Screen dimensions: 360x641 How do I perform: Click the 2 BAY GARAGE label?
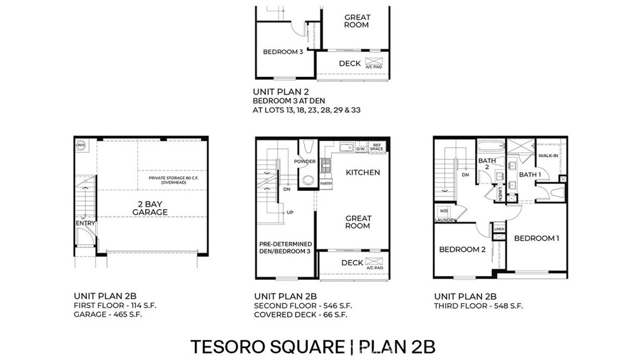click(x=150, y=208)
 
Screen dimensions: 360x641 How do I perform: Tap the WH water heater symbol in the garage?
click(x=81, y=145)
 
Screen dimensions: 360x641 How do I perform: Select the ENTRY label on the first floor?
click(x=85, y=223)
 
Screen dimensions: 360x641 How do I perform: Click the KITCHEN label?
click(x=362, y=172)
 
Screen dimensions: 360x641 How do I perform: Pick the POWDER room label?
click(x=305, y=162)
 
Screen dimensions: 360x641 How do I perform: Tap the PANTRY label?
click(x=326, y=183)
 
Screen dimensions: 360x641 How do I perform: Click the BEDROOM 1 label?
click(x=536, y=238)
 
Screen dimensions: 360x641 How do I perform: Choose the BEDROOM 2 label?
click(x=462, y=249)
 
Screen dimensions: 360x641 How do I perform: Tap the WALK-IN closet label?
click(x=550, y=156)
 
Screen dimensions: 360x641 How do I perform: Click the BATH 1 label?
click(x=530, y=175)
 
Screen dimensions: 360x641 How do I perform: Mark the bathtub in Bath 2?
click(x=490, y=148)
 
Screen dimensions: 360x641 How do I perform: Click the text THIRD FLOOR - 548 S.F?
click(x=478, y=306)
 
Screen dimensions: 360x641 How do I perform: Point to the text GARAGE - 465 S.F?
click(x=108, y=314)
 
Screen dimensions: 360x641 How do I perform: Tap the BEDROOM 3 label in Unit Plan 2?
click(x=283, y=52)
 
